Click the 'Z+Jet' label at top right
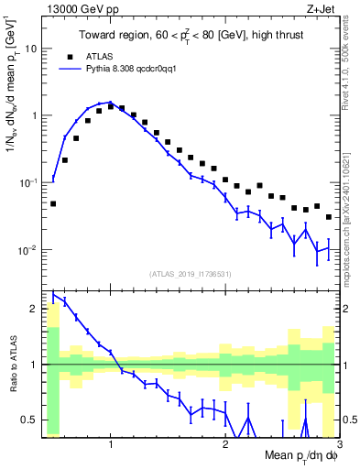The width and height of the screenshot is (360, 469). point(322,8)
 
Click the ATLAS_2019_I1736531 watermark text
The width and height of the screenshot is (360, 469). point(191,272)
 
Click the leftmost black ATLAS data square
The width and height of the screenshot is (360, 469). point(53,203)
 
